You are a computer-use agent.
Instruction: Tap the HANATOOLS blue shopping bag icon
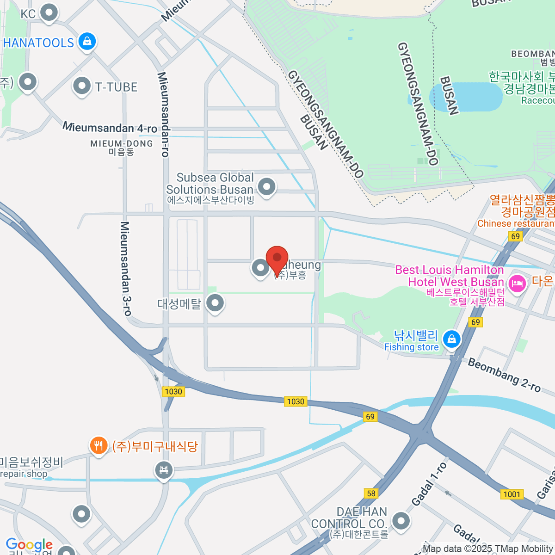[x=86, y=42]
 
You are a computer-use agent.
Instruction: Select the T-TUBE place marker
[x=82, y=86]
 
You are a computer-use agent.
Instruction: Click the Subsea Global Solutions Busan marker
[x=266, y=187]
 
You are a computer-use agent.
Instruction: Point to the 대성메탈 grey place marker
[x=215, y=304]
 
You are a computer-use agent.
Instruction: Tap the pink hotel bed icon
[x=517, y=283]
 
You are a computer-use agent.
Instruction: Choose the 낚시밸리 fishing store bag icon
[x=451, y=339]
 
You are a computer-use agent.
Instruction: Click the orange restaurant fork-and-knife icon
[x=98, y=446]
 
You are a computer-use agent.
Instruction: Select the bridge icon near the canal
[x=163, y=470]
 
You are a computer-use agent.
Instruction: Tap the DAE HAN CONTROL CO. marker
[x=401, y=521]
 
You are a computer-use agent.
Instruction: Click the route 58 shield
[x=371, y=493]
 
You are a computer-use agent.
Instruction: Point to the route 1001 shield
[x=512, y=494]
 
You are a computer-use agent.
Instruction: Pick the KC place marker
[x=49, y=13]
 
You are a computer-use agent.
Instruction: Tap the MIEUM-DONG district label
[x=121, y=147]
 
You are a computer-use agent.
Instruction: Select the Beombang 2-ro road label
[x=504, y=375]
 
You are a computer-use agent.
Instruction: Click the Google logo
[x=29, y=545]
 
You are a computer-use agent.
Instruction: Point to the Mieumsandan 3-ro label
[x=125, y=268]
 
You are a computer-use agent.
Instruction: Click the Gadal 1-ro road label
[x=429, y=483]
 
